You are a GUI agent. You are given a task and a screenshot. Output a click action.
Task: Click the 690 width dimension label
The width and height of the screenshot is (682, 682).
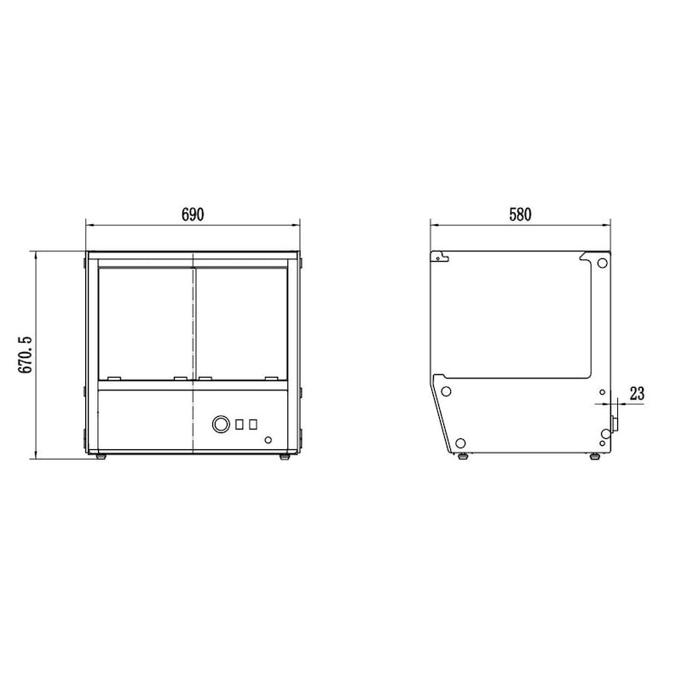[193, 215]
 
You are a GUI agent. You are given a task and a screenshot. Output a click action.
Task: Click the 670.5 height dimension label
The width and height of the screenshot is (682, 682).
[26, 355]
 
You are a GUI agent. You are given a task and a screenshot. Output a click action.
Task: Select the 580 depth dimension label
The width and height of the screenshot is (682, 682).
[520, 215]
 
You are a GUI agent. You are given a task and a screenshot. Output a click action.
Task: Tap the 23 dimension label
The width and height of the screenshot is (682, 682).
[637, 394]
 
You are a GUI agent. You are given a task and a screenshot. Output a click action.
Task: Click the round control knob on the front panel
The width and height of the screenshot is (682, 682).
[221, 424]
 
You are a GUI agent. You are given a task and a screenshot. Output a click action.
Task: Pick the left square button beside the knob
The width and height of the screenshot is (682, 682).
[240, 425]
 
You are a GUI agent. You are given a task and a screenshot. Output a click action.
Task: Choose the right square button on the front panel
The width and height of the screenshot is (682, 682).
[253, 425]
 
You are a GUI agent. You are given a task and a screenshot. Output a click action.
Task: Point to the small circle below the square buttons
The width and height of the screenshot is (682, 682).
[268, 440]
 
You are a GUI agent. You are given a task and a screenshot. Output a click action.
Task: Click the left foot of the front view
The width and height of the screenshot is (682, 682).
[101, 457]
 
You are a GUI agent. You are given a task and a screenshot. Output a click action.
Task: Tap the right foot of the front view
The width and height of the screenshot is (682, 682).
[285, 457]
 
